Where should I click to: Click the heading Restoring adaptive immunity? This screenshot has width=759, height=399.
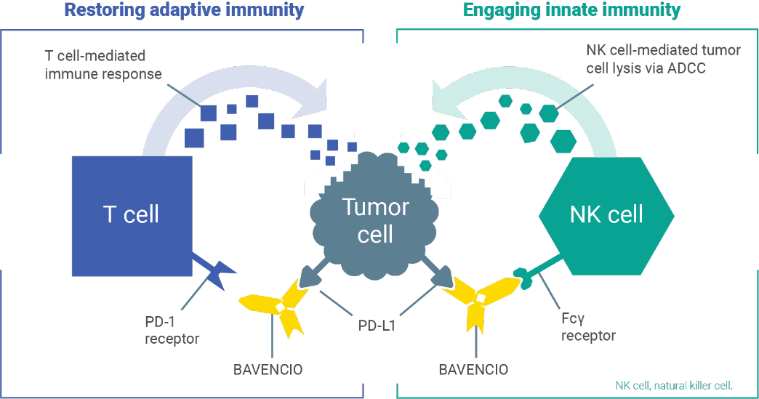click(x=184, y=10)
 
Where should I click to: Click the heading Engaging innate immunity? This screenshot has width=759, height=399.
click(x=572, y=10)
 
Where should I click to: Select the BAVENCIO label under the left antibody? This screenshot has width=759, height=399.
click(x=268, y=369)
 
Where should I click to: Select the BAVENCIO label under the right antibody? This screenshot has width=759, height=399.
click(x=473, y=369)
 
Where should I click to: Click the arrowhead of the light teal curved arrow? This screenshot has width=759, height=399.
click(x=446, y=99)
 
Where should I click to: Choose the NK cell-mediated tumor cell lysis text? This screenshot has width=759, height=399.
click(x=662, y=59)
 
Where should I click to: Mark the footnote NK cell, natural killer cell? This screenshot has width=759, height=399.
click(x=673, y=385)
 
